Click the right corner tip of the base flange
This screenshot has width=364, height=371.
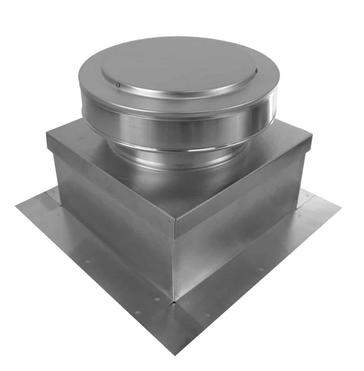pos(341,208)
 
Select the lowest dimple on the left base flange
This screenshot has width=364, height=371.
pos(138,312)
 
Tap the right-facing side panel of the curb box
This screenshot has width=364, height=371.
pos(238,235)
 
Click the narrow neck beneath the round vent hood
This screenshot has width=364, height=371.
pos(178,158)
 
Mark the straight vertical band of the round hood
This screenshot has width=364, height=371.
pos(178,123)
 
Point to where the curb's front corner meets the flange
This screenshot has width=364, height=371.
pos(174,301)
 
